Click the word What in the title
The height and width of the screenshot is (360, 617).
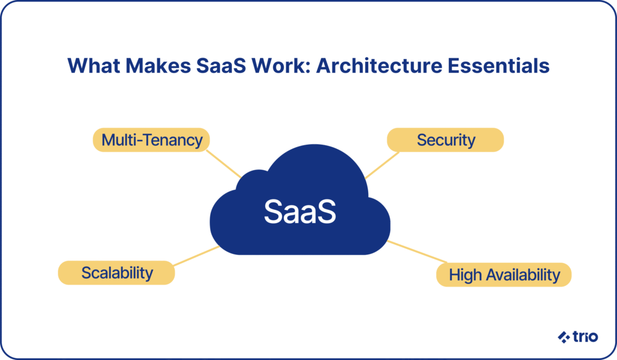click(x=93, y=66)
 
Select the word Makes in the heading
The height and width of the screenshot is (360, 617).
click(x=158, y=66)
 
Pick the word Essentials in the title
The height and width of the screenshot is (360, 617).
click(x=498, y=66)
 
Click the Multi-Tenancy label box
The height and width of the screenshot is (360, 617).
click(x=151, y=140)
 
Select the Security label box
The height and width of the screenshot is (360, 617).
click(x=445, y=140)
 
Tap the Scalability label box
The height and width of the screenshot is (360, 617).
click(x=116, y=273)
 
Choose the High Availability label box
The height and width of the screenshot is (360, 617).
click(x=504, y=274)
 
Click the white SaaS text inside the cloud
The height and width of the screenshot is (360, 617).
click(x=300, y=212)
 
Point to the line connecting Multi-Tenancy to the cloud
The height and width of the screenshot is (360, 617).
click(x=224, y=164)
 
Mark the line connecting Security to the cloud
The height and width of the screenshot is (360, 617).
click(x=381, y=165)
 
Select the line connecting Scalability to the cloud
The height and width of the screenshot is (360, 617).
click(x=196, y=256)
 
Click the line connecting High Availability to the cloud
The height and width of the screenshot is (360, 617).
click(x=417, y=251)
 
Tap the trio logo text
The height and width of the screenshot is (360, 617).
click(x=586, y=336)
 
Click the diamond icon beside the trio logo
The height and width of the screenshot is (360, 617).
click(x=564, y=337)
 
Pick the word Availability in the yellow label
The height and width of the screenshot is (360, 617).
click(x=523, y=275)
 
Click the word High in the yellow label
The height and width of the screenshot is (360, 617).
click(x=466, y=275)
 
